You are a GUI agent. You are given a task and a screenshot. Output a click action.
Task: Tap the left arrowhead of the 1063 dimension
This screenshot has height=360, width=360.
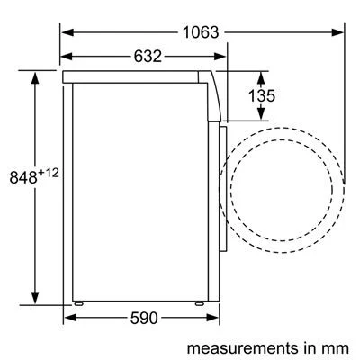66,33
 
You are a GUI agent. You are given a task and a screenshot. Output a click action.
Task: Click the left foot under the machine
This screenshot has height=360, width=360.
79,303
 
